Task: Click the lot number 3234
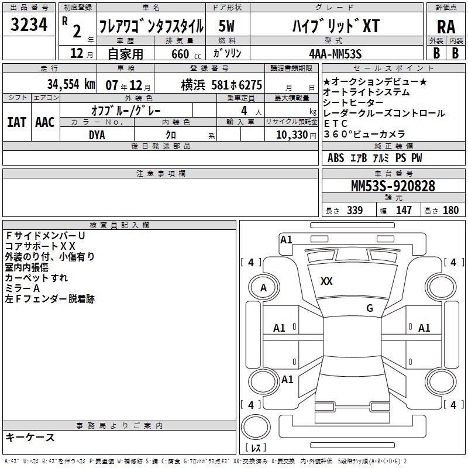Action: click(x=29, y=24)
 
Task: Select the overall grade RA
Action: click(x=446, y=27)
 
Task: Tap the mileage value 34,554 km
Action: click(x=71, y=84)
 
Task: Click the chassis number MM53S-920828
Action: click(x=393, y=186)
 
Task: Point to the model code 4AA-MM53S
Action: click(x=335, y=54)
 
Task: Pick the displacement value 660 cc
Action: click(x=186, y=54)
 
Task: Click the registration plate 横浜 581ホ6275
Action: click(x=222, y=85)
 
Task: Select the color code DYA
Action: click(x=97, y=135)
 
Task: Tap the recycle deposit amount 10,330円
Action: click(x=296, y=135)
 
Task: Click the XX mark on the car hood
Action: click(x=326, y=281)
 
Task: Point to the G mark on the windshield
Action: click(x=370, y=308)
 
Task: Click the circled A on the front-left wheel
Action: click(x=264, y=288)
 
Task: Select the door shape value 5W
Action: click(x=226, y=26)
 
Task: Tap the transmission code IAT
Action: click(x=17, y=122)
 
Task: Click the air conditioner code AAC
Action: click(x=45, y=122)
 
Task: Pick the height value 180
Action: click(x=450, y=210)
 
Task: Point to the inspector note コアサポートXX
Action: click(x=40, y=246)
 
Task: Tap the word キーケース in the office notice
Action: click(x=30, y=437)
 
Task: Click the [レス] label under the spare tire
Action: click(x=256, y=448)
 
